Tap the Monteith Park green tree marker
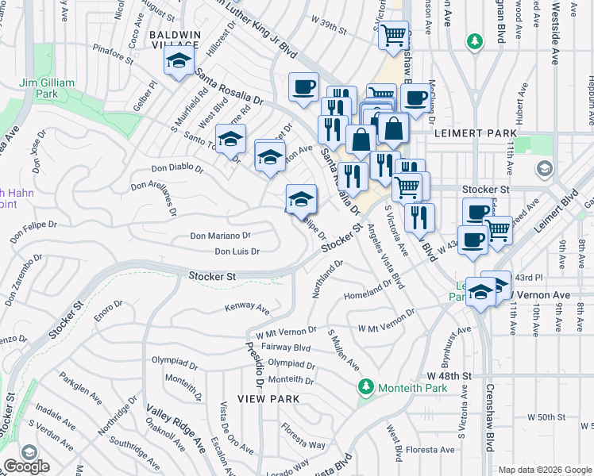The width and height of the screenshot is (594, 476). (x=365, y=388)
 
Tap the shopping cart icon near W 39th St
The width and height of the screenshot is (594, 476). (x=393, y=36)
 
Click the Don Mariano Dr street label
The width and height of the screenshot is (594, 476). (x=220, y=236)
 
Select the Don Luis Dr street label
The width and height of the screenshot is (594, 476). (x=237, y=251)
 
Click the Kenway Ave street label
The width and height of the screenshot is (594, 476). (x=247, y=307)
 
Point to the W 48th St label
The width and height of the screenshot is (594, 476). (x=449, y=374)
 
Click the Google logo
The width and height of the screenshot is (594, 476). (x=26, y=466)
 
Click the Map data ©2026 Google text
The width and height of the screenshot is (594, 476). (x=543, y=470)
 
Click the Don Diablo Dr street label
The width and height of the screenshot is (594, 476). (x=178, y=169)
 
